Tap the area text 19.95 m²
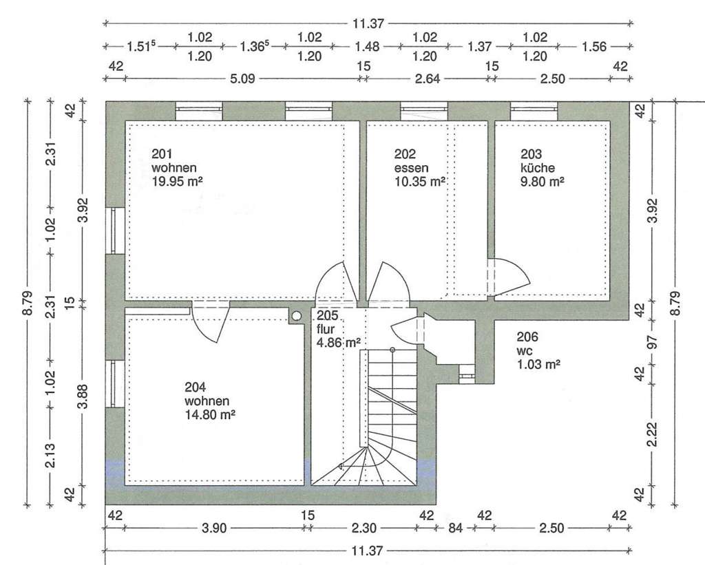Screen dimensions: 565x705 pos(177,181)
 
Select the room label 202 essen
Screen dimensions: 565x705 pos(411,161)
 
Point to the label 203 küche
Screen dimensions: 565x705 pos(538,161)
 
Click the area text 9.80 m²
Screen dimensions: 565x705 pos(542,181)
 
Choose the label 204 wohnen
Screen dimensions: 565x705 pos(207,394)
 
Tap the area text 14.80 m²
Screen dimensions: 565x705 pos(210,414)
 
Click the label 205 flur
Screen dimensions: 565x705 pos(328,323)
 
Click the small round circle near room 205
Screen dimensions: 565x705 pos(297,316)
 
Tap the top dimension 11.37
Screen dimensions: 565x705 pos(368,23)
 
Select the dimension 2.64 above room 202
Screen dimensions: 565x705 pos(426,78)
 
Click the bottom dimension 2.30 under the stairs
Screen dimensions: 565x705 pos(364,529)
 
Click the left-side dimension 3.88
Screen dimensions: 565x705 pos(82,396)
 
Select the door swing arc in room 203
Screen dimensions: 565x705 pos(516,275)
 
